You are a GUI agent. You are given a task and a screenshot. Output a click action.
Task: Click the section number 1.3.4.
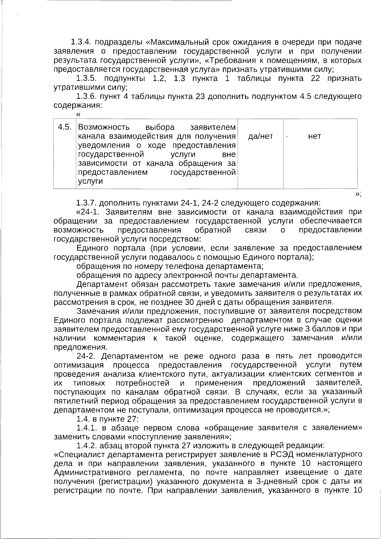point(81,42)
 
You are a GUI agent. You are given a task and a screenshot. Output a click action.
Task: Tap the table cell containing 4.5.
point(64,127)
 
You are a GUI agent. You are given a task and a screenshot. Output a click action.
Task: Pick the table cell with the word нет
point(315,136)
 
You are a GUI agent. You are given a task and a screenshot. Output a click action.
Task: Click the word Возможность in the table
point(104,127)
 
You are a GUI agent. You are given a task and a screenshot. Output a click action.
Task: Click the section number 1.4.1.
point(87,428)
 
